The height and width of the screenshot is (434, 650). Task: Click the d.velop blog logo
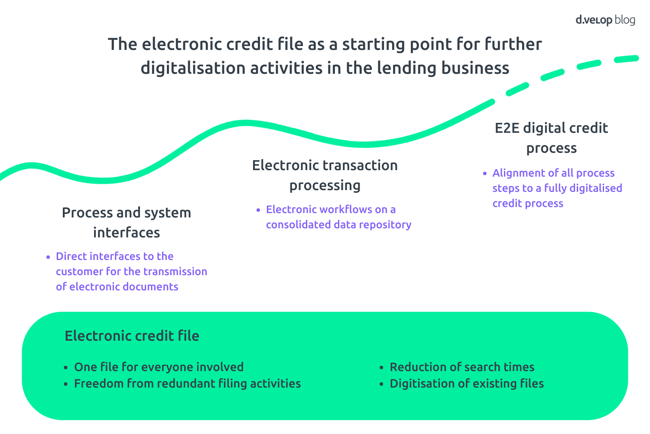coord(605,20)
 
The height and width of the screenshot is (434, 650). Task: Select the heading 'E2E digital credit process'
coord(551,138)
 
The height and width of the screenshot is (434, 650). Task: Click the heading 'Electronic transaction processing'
coord(325,175)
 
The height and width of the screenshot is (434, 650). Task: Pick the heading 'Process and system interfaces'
coord(127,222)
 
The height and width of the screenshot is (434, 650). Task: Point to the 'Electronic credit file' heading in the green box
coord(132,336)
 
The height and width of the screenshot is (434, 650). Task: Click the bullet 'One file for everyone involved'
coord(159,367)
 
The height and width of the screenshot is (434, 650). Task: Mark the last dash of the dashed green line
coord(626,59)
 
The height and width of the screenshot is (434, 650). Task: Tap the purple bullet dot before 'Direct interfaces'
coord(48,257)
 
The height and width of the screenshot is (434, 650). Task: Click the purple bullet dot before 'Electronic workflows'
coord(258,210)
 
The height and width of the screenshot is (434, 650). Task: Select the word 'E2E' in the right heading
coord(507,128)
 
